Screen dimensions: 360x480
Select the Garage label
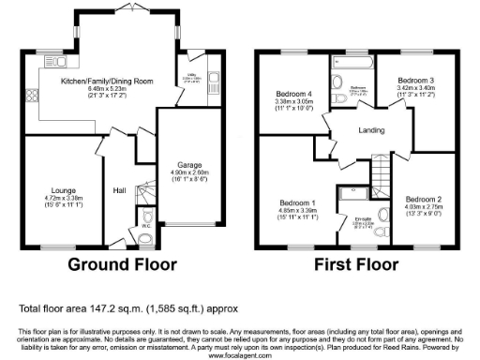pos(177,164)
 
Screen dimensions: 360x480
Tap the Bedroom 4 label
pos(293,95)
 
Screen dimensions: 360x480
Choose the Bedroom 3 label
pos(413,81)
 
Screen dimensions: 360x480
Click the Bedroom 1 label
pos(298,202)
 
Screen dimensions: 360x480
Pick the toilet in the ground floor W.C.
pos(143,236)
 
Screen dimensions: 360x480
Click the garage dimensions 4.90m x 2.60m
pos(177,172)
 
